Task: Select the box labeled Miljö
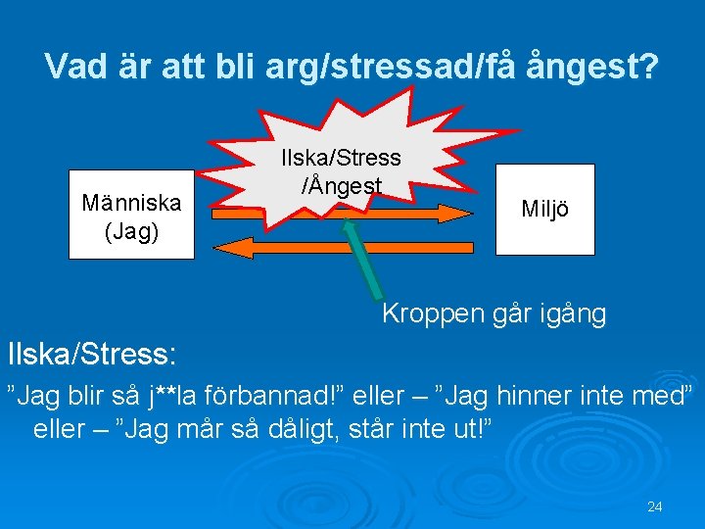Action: pos(544,210)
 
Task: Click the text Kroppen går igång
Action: pos(493,314)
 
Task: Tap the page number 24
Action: pos(655,506)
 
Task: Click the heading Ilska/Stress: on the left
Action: pos(92,352)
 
